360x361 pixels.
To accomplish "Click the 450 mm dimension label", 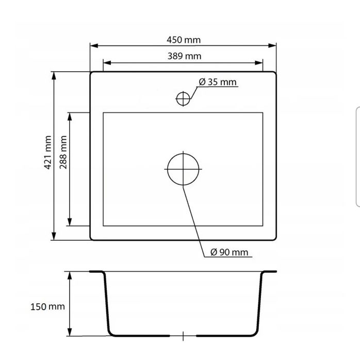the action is (184, 40).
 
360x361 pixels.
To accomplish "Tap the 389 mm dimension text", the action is (184, 56).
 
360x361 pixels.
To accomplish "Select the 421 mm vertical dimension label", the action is (47, 153).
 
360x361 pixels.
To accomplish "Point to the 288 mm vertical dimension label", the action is (63, 153).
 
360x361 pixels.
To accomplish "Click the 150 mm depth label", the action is (47, 307).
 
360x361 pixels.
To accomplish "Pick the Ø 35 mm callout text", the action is (218, 82).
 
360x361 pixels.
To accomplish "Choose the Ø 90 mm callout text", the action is (230, 252).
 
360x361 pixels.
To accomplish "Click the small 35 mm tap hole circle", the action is (183, 92).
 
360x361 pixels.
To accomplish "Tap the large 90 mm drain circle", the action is (183, 154).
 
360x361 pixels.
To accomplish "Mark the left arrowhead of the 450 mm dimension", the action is (94, 45).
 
